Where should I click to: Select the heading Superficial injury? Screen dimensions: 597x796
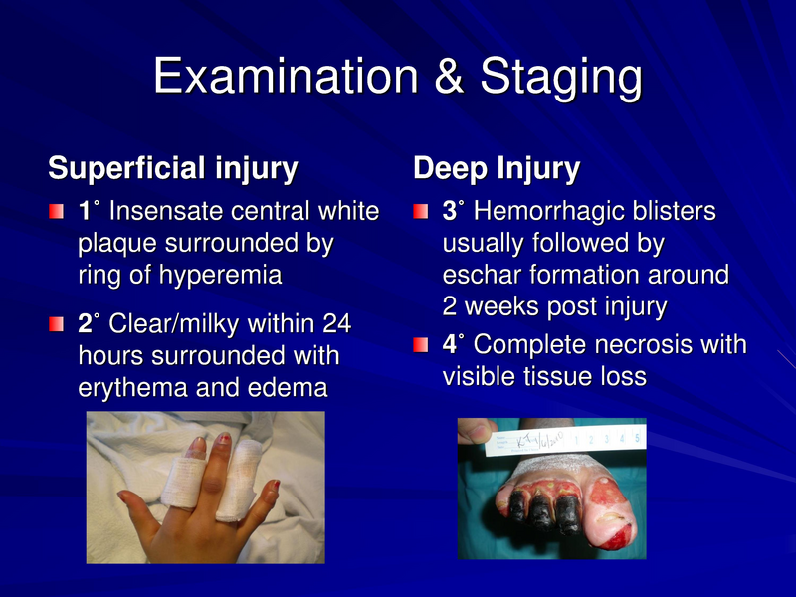[x=173, y=168]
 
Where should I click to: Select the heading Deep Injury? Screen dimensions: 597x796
[x=497, y=168]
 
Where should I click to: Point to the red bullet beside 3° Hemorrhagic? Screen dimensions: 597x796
[x=422, y=213]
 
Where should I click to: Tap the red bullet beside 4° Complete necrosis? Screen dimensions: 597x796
[x=422, y=345]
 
